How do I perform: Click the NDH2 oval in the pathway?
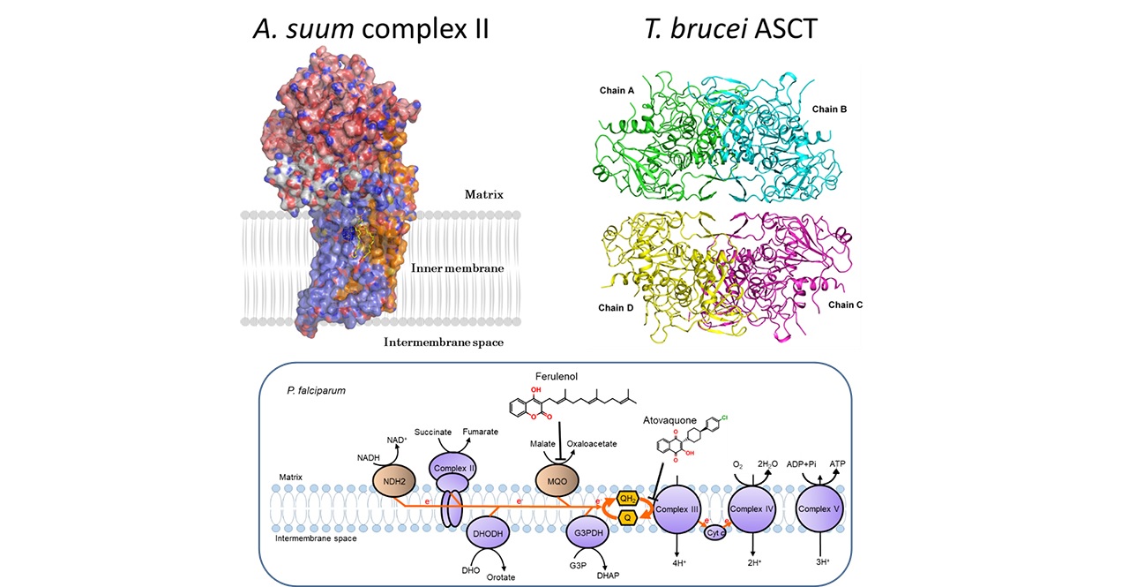(x=394, y=481)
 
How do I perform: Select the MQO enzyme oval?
(x=557, y=481)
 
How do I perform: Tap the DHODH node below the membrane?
(x=488, y=533)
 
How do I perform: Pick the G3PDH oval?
(x=587, y=532)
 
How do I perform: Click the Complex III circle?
(x=677, y=509)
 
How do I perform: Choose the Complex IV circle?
(x=752, y=509)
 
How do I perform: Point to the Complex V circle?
(x=819, y=508)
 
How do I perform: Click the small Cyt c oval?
(x=715, y=532)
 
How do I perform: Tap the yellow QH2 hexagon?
(x=627, y=499)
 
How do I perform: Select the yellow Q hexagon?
(x=627, y=517)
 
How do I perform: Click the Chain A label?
(x=617, y=91)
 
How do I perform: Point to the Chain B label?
(x=829, y=109)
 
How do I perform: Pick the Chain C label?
(x=845, y=305)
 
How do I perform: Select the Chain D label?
(x=616, y=307)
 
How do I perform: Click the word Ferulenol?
(x=557, y=377)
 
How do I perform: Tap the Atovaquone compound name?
(x=669, y=420)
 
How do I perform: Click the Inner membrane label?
(x=457, y=268)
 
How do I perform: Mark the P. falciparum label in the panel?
(x=316, y=391)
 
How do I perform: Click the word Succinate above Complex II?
(x=433, y=433)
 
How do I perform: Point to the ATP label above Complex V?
(x=837, y=463)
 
